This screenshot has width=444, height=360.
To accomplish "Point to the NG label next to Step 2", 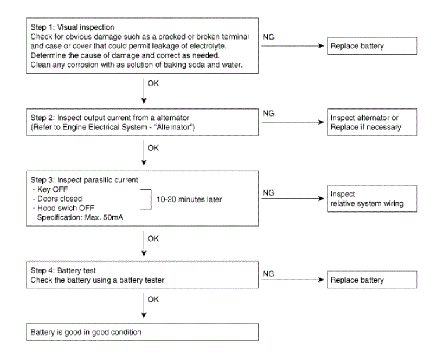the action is [x=268, y=114].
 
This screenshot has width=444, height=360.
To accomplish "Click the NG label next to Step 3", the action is [x=268, y=193].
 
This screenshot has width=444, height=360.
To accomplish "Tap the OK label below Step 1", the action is [x=153, y=83].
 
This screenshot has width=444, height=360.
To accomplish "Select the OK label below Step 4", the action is [x=153, y=299].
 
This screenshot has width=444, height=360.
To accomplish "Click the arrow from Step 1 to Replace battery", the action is [x=293, y=45].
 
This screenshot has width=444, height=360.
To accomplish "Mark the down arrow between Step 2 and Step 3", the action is [x=144, y=153].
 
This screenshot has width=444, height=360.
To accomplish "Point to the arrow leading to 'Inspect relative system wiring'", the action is [x=293, y=199].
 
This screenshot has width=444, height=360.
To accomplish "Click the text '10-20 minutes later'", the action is [x=189, y=200].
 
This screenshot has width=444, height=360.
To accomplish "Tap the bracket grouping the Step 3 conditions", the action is [x=151, y=200].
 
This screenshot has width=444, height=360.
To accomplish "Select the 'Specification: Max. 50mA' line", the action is [x=80, y=217].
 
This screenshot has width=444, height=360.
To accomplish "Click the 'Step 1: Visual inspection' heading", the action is [x=73, y=27].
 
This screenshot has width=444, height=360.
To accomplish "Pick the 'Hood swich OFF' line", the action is [x=63, y=208].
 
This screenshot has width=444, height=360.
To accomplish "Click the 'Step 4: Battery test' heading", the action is [x=63, y=270].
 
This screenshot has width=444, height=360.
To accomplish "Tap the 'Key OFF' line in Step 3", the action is [x=50, y=189].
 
